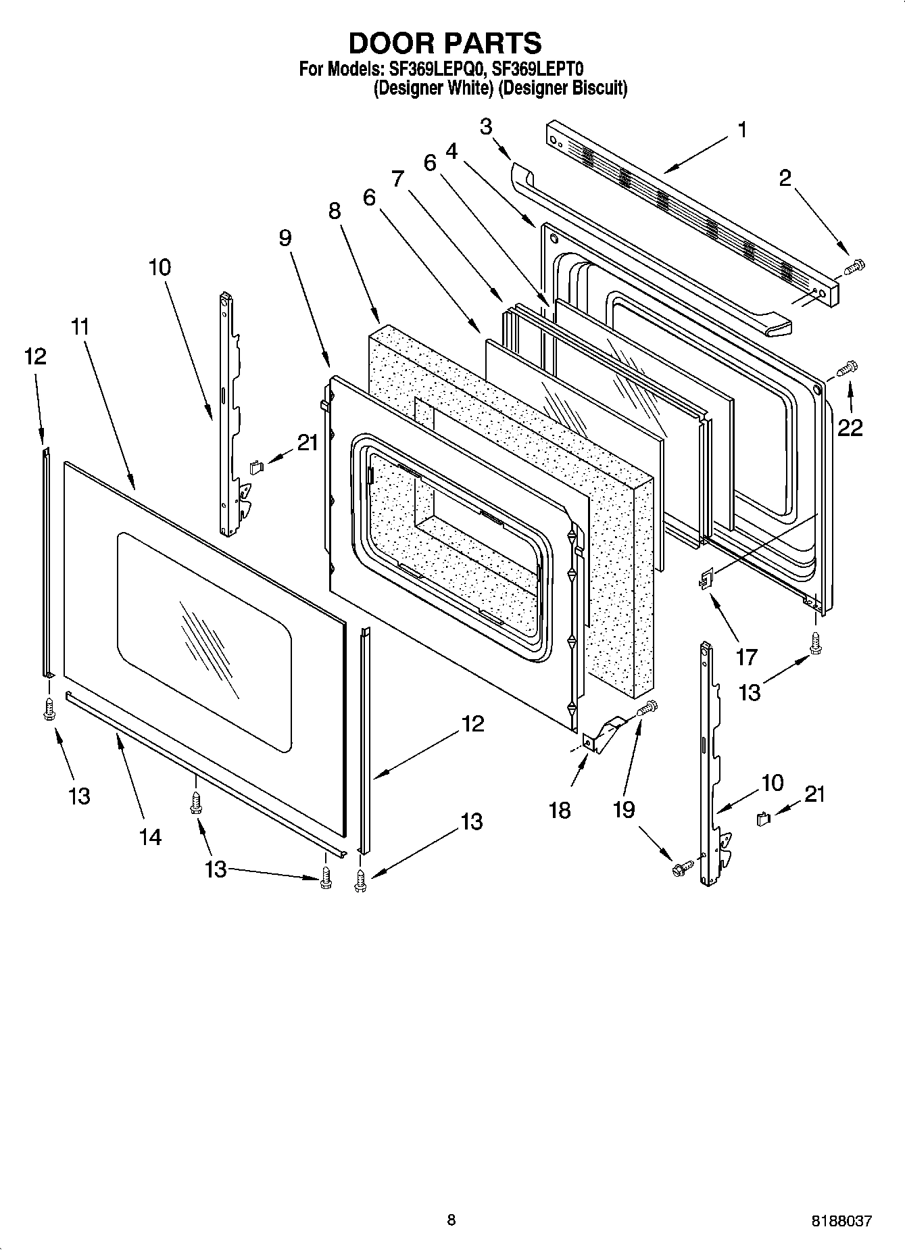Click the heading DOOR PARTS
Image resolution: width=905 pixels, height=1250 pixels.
point(444,43)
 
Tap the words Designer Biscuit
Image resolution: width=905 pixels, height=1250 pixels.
point(563,88)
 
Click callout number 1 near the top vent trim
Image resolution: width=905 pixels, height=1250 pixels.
point(741,129)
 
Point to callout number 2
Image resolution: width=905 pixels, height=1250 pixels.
point(785,178)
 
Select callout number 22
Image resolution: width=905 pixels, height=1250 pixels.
point(850,427)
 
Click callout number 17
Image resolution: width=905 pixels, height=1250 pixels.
point(746,656)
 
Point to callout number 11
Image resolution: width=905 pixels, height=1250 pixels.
point(79,327)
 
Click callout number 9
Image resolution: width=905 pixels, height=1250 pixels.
point(285,237)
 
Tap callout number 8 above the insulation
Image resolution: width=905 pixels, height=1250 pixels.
point(335,212)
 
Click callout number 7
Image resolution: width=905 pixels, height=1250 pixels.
point(397,178)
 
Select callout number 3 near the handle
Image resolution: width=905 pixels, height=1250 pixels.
point(486,126)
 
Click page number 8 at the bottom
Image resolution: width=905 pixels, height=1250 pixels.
point(451,1220)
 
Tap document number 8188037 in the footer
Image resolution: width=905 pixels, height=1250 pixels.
point(841,1221)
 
